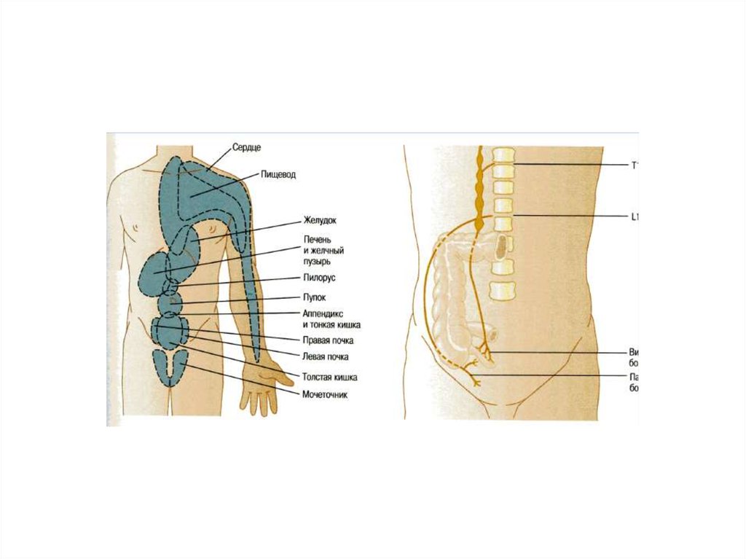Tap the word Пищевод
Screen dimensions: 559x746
pos(278,176)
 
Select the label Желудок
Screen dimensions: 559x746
pos(321,219)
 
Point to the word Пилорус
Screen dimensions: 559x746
pos(319,278)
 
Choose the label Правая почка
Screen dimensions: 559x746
pos(325,340)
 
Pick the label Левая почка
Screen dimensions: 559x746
pos(325,357)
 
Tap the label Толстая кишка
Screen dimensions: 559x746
pos(329,378)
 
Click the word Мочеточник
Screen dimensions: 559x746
pos(324,394)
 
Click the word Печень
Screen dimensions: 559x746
pos(317,239)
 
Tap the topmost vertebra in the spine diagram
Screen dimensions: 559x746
pos(503,155)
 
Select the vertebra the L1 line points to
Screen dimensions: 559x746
pos(503,222)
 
